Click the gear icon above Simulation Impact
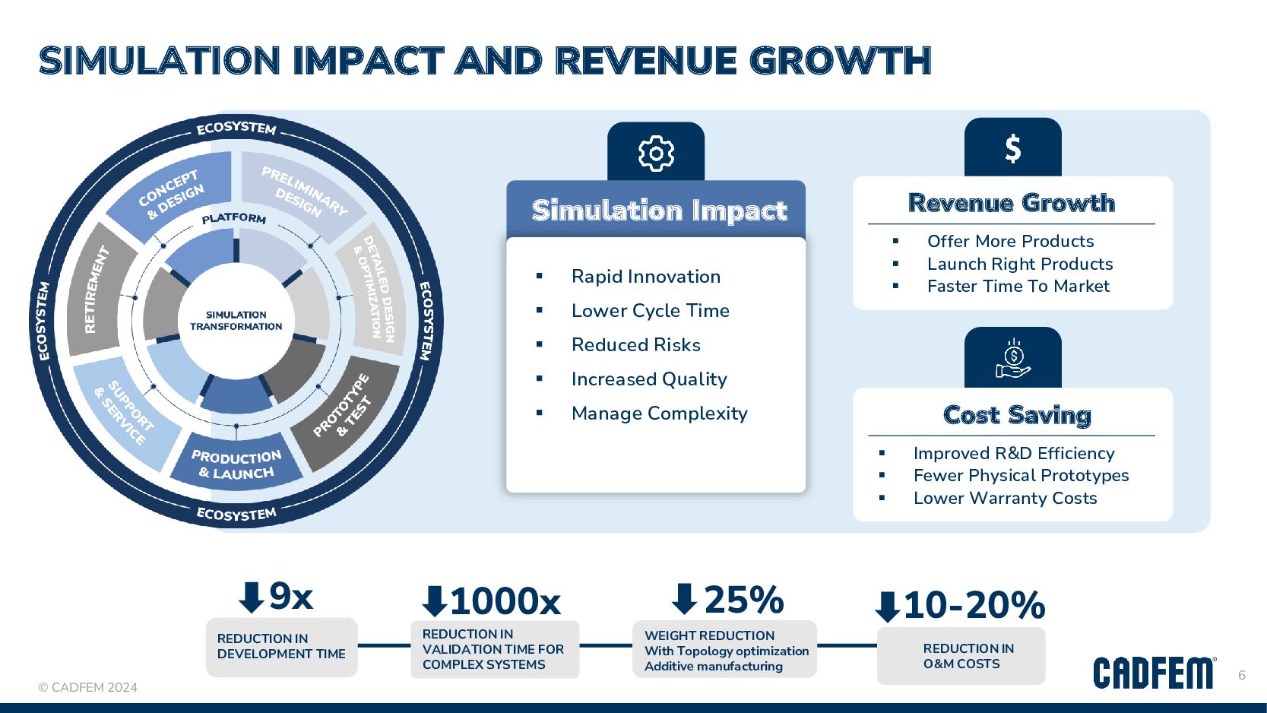[x=656, y=154]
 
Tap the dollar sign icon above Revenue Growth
[x=1012, y=149]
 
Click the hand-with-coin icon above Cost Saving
[x=1012, y=359]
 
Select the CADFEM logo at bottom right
[x=1154, y=673]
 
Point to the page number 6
[x=1242, y=675]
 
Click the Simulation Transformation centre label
[x=236, y=321]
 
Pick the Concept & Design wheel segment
[x=172, y=194]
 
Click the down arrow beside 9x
[x=251, y=597]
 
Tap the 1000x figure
[x=505, y=602]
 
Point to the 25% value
[x=743, y=600]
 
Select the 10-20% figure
[x=974, y=606]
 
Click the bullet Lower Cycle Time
[x=650, y=311]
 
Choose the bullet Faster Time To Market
[x=1018, y=287]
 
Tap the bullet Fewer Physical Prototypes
[x=1021, y=476]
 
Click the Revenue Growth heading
[x=1011, y=203]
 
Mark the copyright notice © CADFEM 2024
[x=88, y=687]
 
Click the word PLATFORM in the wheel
[x=234, y=219]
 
